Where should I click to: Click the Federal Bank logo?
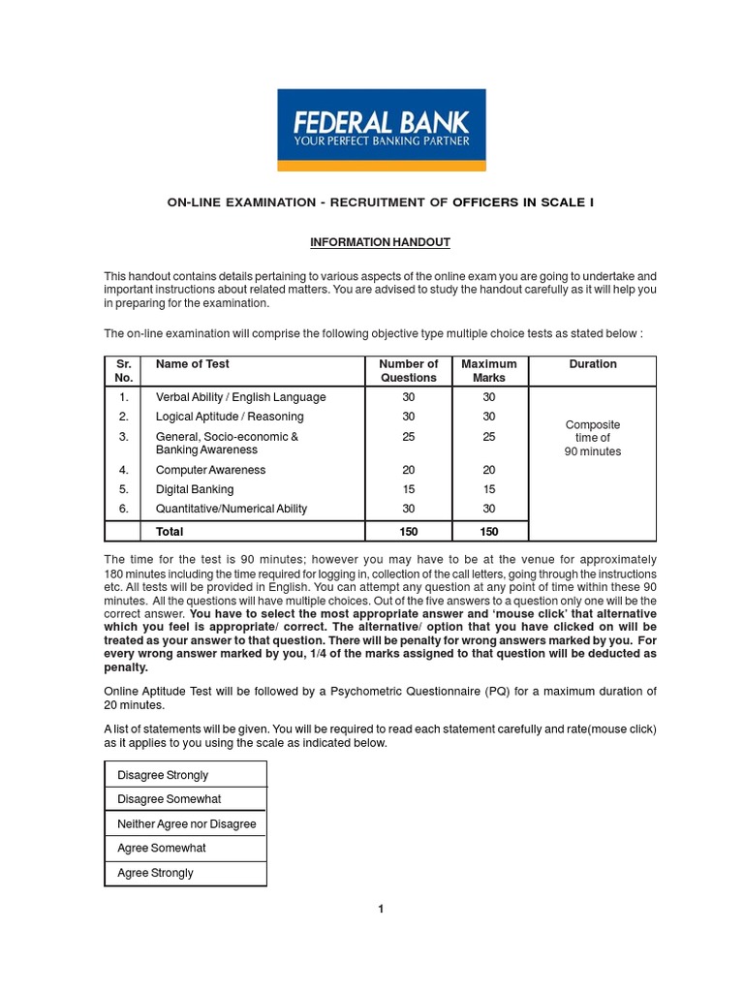click(382, 130)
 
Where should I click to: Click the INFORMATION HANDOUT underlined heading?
click(380, 242)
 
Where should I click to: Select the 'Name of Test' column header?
click(193, 364)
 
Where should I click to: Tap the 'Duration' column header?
click(593, 364)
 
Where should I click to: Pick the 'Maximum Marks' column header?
click(489, 371)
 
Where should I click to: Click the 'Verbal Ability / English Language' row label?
click(240, 397)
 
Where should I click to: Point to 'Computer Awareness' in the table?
click(210, 470)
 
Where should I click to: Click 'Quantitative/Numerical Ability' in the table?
click(232, 509)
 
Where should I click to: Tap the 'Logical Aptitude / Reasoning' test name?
click(230, 417)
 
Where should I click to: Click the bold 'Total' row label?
click(170, 532)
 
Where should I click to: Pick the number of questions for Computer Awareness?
click(408, 470)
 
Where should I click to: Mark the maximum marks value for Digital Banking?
click(489, 489)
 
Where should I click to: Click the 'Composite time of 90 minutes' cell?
click(593, 438)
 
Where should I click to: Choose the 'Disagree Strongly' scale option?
click(163, 775)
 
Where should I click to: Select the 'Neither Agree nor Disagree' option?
click(186, 823)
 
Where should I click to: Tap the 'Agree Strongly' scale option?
click(155, 873)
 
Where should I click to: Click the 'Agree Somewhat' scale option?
click(161, 848)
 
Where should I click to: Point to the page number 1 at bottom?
click(381, 909)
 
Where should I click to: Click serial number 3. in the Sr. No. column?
click(123, 437)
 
